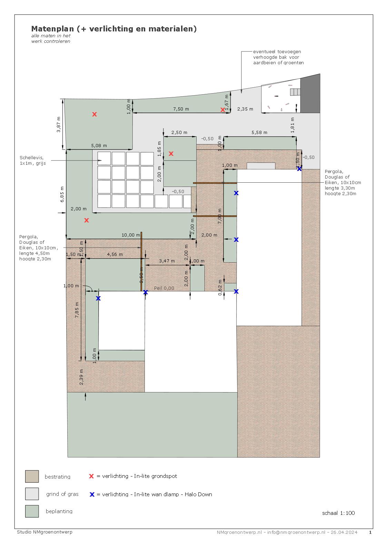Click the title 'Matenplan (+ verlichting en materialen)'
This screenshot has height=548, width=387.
click(x=114, y=29)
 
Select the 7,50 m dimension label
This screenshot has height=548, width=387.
click(x=181, y=109)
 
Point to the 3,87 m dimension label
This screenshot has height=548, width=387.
click(x=58, y=125)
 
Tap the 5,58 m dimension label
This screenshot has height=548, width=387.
click(x=259, y=132)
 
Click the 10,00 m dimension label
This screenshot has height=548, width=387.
click(x=131, y=235)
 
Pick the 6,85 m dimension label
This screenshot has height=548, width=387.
click(x=62, y=194)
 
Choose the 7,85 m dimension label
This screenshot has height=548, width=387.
click(x=77, y=310)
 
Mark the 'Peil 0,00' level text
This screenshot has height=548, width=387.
click(x=164, y=288)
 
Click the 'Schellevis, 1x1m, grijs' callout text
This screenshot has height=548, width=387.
click(x=33, y=160)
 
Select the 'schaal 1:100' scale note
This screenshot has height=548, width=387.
click(x=338, y=513)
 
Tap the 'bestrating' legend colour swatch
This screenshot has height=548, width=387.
click(x=32, y=476)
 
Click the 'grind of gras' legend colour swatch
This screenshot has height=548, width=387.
click(x=32, y=494)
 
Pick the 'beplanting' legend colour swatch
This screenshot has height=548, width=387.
click(x=32, y=511)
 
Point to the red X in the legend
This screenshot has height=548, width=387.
click(x=91, y=476)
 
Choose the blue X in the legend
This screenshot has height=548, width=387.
click(x=92, y=494)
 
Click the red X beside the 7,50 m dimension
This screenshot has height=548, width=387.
click(x=222, y=110)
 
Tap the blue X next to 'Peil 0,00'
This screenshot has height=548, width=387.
click(x=145, y=292)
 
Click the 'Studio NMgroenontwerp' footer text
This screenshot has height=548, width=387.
click(x=45, y=532)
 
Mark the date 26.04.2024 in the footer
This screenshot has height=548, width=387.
click(x=344, y=532)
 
